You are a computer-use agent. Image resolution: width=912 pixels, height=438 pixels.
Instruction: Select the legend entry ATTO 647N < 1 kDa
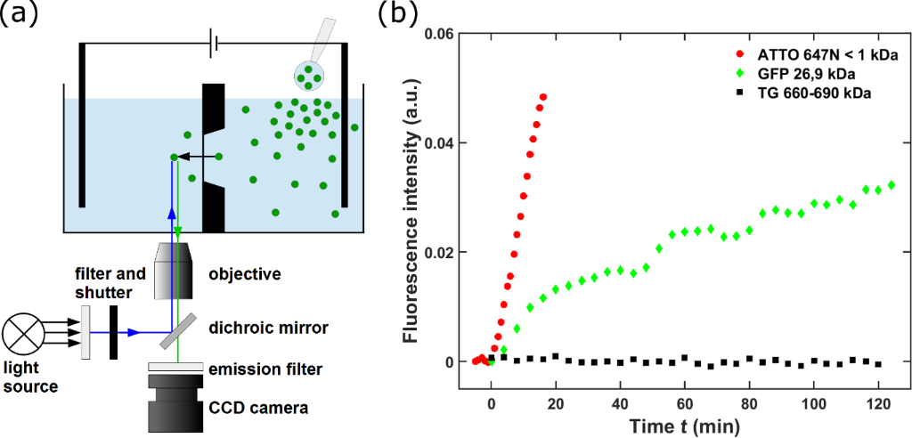(x=814, y=55)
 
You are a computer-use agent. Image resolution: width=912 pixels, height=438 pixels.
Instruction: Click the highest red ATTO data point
(x=542, y=96)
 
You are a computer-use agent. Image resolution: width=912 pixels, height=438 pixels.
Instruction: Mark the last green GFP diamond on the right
(x=891, y=185)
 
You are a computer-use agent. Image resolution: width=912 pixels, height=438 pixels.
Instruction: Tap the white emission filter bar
(x=179, y=367)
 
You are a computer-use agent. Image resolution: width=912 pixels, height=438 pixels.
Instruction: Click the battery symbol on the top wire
(x=212, y=41)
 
